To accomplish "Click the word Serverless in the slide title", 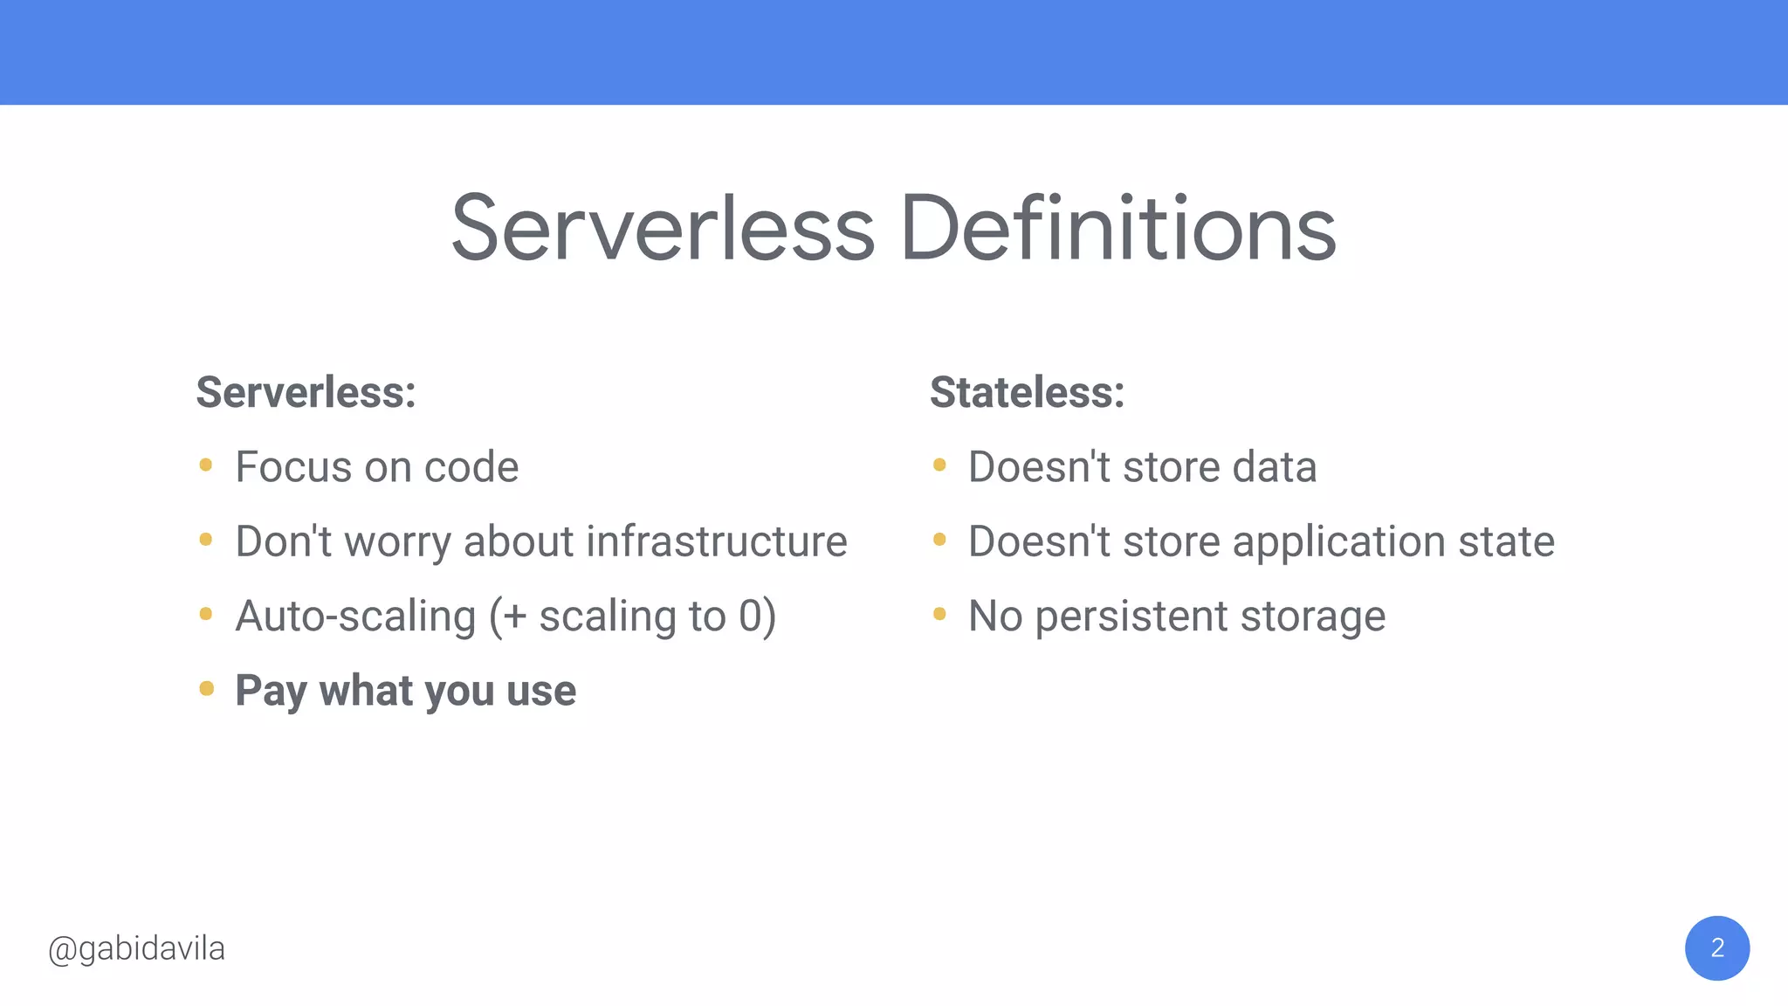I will pos(663,229).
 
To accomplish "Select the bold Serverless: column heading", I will pos(306,392).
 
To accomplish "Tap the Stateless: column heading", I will pos(1027,392).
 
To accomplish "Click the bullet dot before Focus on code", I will pos(206,465).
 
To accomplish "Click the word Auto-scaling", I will pos(355,617).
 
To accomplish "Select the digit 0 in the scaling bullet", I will pos(751,616).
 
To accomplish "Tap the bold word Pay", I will pos(271,692).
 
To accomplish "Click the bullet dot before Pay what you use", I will pos(207,689).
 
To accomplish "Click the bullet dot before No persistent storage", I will pos(939,614).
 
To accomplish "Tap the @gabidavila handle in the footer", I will pos(137,949).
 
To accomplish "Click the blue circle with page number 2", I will pos(1716,948).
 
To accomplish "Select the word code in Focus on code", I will pos(471,467).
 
